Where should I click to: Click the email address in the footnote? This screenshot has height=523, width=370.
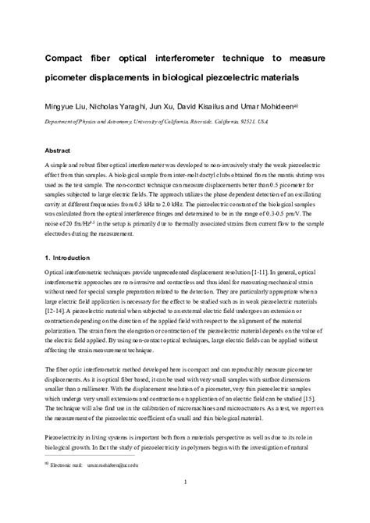[116, 486]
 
